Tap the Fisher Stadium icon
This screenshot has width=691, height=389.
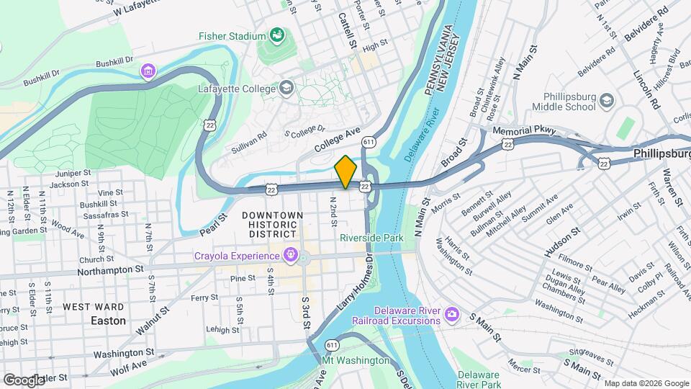point(276,35)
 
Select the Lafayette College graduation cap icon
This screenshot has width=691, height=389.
point(286,89)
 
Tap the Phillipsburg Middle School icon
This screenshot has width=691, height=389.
point(607,100)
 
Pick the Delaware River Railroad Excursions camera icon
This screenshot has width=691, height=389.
point(451,314)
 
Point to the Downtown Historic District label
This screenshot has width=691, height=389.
point(272,225)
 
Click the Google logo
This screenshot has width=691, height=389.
point(23,380)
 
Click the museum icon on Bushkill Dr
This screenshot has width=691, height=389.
point(148,71)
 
